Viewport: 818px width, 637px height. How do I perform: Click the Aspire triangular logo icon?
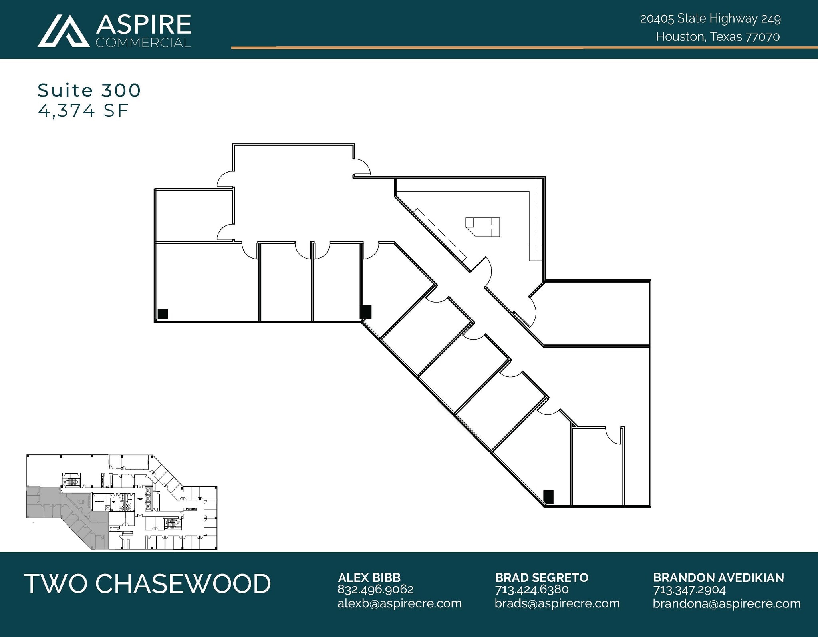[x=63, y=31]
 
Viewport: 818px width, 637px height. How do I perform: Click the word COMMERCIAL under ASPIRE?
[x=143, y=43]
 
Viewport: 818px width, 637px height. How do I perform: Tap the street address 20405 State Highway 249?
[x=710, y=19]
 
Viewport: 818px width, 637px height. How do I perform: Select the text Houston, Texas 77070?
[x=717, y=37]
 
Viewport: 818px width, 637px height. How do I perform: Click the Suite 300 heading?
[x=89, y=90]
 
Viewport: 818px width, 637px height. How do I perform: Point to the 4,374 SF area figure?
[x=83, y=111]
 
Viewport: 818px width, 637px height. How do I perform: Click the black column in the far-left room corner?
[x=163, y=314]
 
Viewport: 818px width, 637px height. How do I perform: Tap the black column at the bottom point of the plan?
[x=548, y=497]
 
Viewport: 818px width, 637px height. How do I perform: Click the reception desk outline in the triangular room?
[x=483, y=227]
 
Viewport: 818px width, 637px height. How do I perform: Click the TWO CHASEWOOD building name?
[x=147, y=583]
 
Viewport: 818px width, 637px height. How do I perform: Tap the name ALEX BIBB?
[x=369, y=577]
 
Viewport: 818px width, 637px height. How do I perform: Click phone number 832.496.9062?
[x=375, y=589]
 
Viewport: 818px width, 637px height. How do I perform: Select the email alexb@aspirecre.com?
[x=399, y=603]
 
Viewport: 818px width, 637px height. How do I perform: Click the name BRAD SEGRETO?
[x=542, y=577]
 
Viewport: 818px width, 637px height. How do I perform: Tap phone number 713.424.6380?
[x=532, y=589]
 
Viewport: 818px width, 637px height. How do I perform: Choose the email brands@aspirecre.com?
[x=557, y=603]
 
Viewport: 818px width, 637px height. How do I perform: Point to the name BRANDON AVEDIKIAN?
[x=718, y=577]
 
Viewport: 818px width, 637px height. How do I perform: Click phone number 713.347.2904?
[x=689, y=589]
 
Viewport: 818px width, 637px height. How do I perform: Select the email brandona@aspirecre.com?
[x=727, y=603]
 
